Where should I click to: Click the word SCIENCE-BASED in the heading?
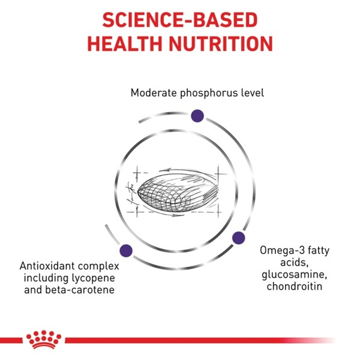[x=180, y=20]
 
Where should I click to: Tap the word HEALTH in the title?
[x=125, y=44]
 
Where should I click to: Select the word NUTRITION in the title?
[x=221, y=44]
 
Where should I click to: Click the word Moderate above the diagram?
[x=154, y=93]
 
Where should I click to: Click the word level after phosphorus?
[x=253, y=93]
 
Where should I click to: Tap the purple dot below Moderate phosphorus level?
[x=197, y=116]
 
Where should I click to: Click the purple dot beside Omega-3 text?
[x=239, y=238]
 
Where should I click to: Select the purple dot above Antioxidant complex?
[x=126, y=250]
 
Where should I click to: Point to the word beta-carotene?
[x=80, y=290]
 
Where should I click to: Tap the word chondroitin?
[x=295, y=286]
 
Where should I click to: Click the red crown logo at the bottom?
[x=44, y=340]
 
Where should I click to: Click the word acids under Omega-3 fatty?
[x=294, y=262]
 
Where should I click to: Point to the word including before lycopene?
[x=46, y=278]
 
